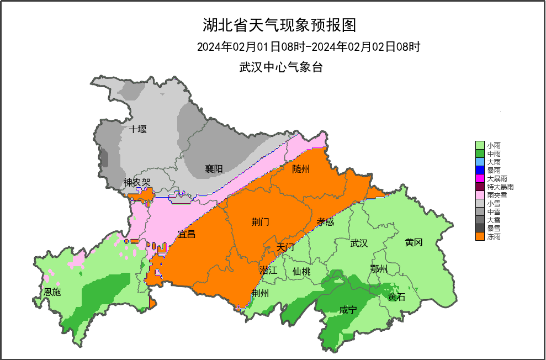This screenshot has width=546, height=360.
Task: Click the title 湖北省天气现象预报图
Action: click(x=279, y=25)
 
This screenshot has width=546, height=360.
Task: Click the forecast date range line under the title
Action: click(x=309, y=47)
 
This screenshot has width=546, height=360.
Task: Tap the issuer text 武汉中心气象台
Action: click(x=280, y=68)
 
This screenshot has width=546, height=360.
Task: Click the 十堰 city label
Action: click(x=138, y=129)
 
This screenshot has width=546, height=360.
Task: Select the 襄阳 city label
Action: click(x=214, y=169)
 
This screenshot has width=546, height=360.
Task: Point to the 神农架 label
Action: click(x=137, y=182)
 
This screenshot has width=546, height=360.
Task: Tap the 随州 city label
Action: click(x=301, y=169)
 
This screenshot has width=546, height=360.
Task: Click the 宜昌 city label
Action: click(x=187, y=234)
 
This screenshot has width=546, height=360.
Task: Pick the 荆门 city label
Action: click(x=260, y=222)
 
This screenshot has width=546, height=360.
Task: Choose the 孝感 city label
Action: click(x=326, y=221)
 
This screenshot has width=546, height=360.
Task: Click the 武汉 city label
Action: click(x=359, y=243)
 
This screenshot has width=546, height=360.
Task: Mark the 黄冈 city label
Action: click(x=414, y=242)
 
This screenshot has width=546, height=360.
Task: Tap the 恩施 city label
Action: click(x=52, y=292)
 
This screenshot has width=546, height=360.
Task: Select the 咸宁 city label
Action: click(x=348, y=310)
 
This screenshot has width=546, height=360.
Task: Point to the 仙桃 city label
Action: click(x=301, y=271)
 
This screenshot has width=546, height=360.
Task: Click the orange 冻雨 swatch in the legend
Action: click(x=480, y=236)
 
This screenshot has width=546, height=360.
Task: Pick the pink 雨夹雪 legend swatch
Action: click(x=480, y=195)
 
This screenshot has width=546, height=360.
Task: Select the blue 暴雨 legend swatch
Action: click(x=480, y=170)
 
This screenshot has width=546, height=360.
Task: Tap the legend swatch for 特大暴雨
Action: click(x=480, y=187)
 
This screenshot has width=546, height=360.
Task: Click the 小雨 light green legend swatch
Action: click(x=480, y=145)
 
